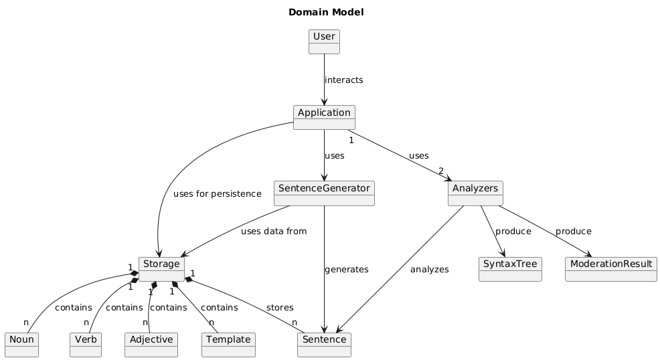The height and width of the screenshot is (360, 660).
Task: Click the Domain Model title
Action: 326,12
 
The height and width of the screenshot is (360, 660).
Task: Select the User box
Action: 324,41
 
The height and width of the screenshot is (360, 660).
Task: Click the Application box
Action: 324,117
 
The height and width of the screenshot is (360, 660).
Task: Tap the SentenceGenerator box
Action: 324,193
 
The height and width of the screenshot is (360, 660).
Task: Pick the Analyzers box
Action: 475,193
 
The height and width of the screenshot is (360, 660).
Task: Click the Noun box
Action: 21,344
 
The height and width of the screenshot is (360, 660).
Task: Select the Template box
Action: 228,344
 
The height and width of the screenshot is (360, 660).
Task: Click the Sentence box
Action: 324,344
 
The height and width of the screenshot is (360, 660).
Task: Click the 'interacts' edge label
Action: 343,80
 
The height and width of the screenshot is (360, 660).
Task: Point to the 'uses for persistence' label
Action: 217,194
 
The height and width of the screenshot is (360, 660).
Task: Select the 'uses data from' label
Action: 274,232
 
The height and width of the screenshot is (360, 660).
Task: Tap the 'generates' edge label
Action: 346,270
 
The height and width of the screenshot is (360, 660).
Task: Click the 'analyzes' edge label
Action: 429,270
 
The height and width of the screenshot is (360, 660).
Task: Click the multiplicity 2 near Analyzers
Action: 441,171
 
